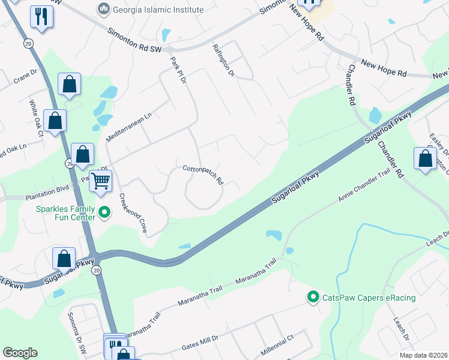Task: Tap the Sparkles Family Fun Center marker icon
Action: click(x=104, y=212)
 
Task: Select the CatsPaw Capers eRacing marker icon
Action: click(x=312, y=297)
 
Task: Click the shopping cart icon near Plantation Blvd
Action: click(x=101, y=179)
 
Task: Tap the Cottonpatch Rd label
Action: click(x=203, y=175)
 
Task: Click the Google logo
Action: click(x=20, y=353)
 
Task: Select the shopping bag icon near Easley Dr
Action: click(x=425, y=159)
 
